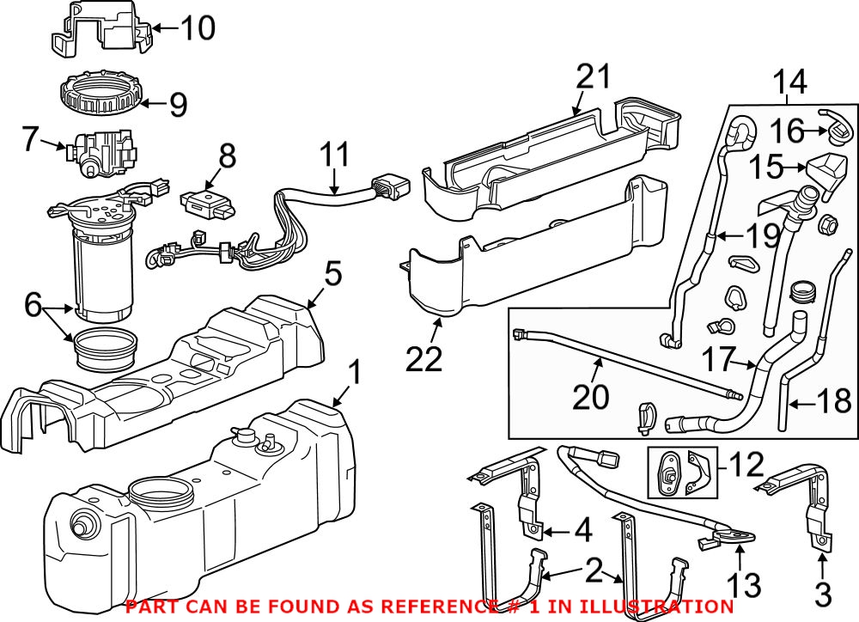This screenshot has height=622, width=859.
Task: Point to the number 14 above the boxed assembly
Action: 789,83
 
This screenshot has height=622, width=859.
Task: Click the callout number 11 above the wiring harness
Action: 335,155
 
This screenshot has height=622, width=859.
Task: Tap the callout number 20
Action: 592,396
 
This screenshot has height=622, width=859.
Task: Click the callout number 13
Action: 744,587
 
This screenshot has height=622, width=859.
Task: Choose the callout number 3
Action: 822,593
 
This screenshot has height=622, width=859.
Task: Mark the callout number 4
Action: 583,530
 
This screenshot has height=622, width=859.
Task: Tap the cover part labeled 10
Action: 99,32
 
